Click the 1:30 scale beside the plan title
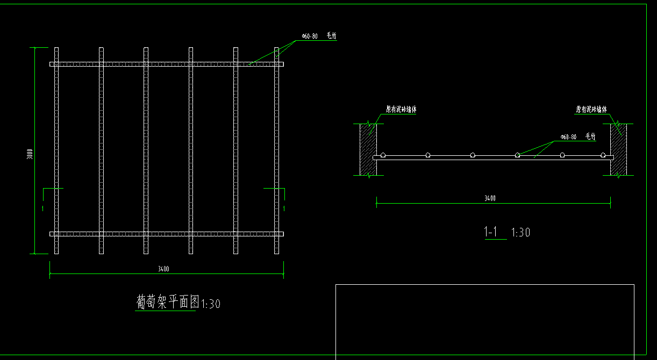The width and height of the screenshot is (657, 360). coord(210,304)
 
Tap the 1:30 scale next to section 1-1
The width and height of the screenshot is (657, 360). coord(520,233)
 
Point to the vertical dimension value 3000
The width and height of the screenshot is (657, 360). coord(31,154)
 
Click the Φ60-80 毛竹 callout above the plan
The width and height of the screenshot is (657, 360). coord(318,36)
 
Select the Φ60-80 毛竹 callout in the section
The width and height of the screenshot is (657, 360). coord(577,137)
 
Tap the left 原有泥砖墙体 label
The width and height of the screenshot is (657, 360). coord(401,110)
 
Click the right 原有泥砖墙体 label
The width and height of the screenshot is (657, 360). coord(591,110)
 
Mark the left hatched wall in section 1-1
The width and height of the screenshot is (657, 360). coord(368,149)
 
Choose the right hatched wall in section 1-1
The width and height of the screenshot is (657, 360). coord(618,149)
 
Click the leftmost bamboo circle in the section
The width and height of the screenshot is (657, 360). coord(383,155)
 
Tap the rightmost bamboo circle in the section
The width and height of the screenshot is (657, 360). coord(603,155)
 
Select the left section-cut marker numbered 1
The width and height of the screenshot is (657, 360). coord(43,207)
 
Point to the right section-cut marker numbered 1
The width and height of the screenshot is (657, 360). coord(284,207)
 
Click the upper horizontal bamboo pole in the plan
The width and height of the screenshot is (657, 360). coord(167,64)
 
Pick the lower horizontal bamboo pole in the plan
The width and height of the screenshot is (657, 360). coord(167,234)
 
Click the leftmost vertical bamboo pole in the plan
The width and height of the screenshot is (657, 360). coord(56,150)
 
